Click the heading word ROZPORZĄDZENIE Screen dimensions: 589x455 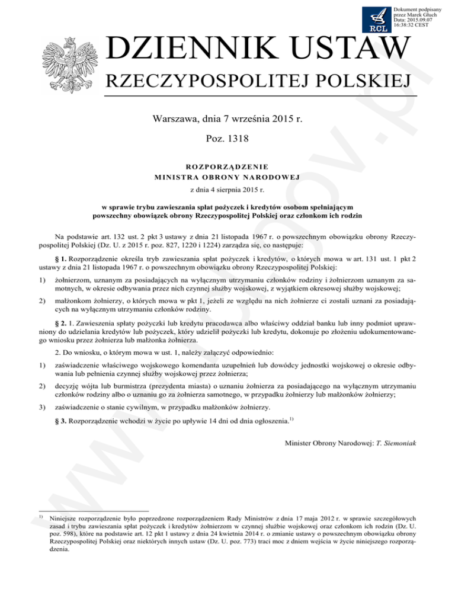click(227, 167)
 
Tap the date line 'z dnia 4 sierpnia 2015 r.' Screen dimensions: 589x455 click(227, 191)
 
